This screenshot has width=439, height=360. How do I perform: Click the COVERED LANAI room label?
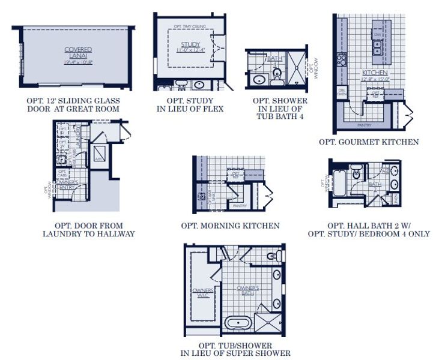(x=78, y=52)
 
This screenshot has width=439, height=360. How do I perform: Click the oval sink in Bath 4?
(x=260, y=79)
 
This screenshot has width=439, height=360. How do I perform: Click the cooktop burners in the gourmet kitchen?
(x=342, y=59)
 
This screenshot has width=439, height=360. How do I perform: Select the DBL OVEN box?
(x=342, y=93)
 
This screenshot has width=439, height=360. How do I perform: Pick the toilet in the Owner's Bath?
(x=271, y=257)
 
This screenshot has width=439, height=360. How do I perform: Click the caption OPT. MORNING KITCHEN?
(x=230, y=226)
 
